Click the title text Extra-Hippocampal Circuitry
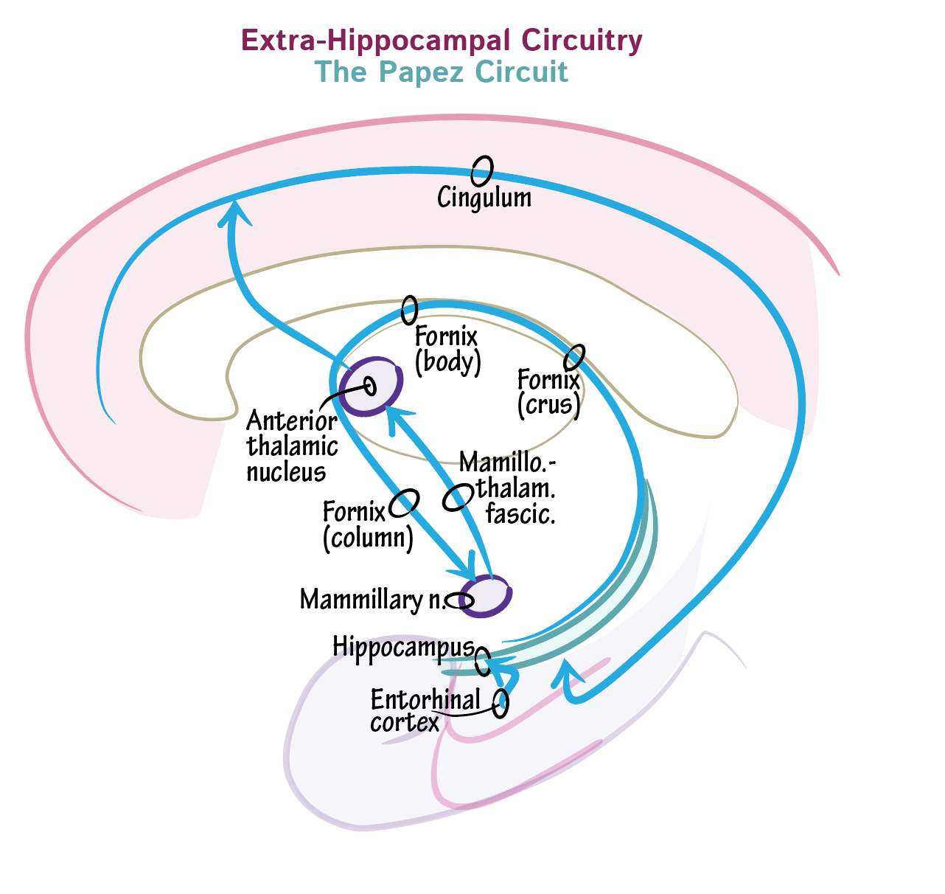[x=441, y=41]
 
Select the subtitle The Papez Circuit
[x=441, y=72]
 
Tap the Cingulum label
[x=484, y=198]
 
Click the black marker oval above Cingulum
[x=481, y=171]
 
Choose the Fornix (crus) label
[x=548, y=392]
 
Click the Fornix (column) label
[x=368, y=525]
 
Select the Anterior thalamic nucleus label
[x=292, y=446]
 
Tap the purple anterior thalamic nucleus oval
[x=371, y=386]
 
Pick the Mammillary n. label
[x=372, y=600]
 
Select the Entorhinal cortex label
[x=425, y=710]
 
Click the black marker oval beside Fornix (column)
[x=404, y=503]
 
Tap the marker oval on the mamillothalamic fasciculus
[x=458, y=497]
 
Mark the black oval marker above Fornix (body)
[x=409, y=310]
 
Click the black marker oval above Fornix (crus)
[x=574, y=358]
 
